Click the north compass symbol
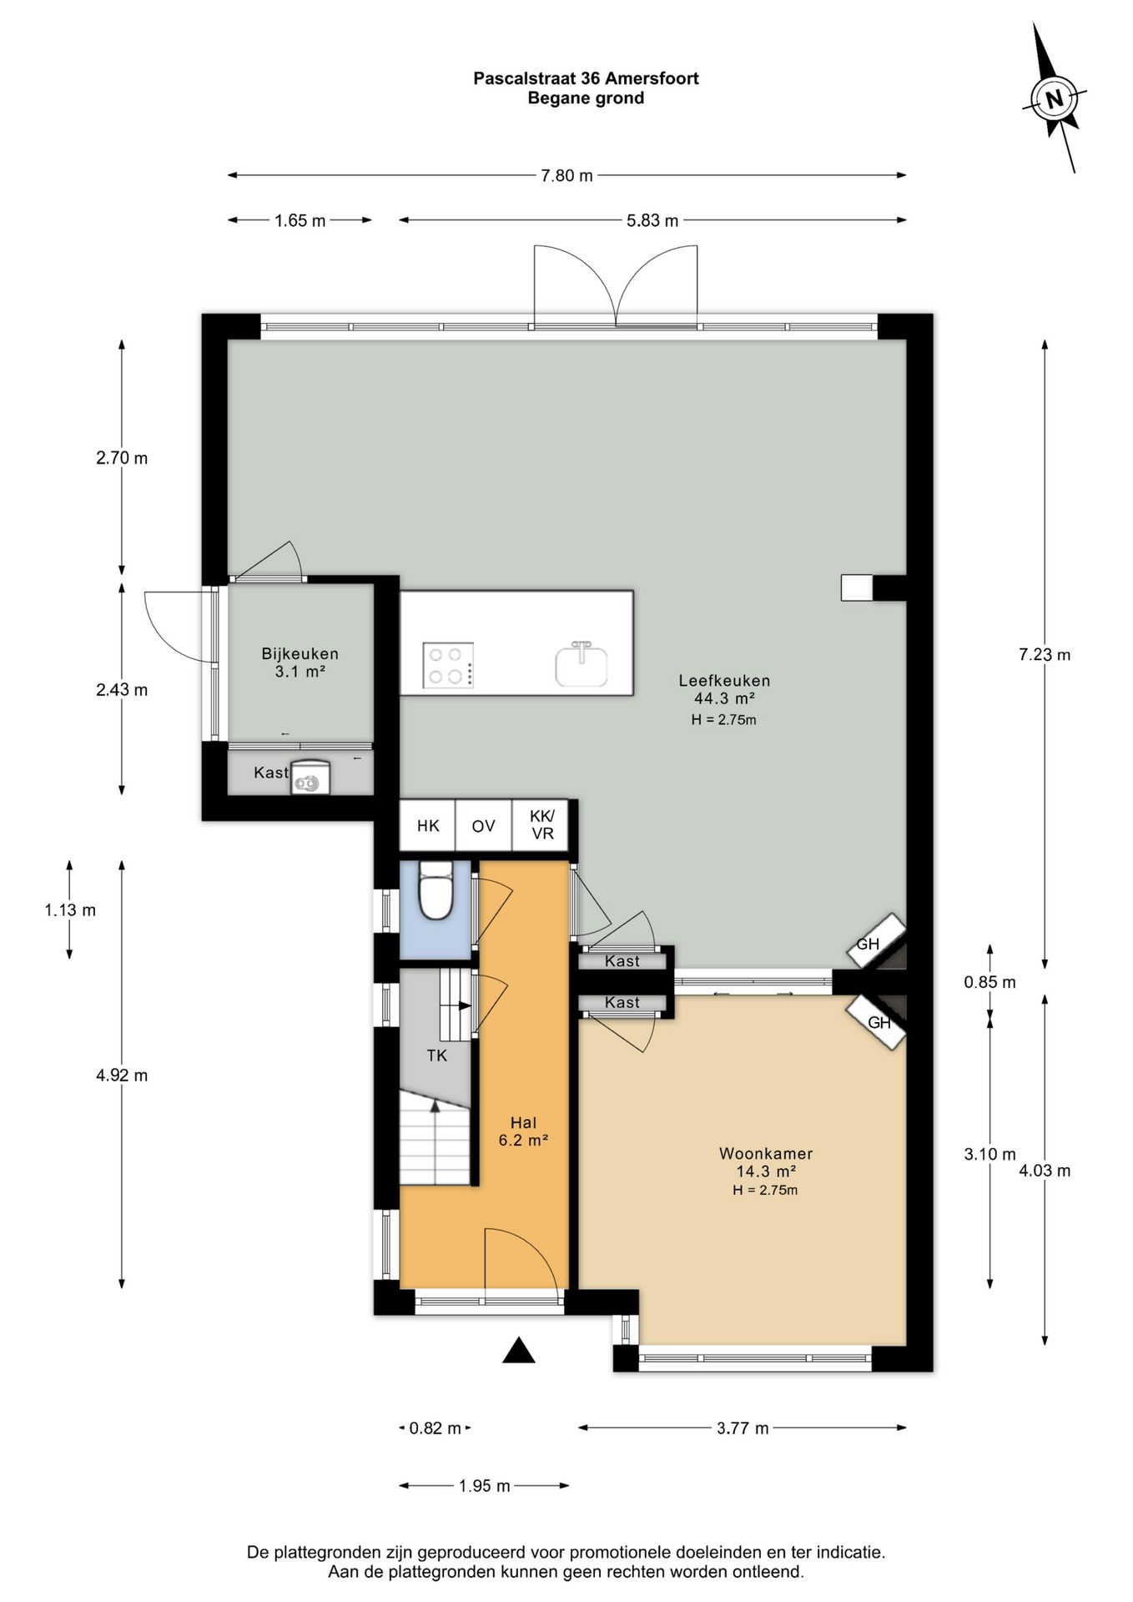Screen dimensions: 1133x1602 click(1054, 99)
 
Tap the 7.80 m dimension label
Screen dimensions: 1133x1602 click(566, 175)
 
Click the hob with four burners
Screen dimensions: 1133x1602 click(448, 665)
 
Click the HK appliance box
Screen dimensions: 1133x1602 click(428, 826)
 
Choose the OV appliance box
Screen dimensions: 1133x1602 click(483, 826)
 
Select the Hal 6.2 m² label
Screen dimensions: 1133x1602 click(523, 1131)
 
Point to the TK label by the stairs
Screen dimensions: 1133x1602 click(436, 1055)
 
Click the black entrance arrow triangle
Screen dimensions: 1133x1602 click(518, 1350)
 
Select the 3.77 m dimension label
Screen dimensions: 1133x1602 click(743, 1428)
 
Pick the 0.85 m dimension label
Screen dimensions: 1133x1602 click(989, 982)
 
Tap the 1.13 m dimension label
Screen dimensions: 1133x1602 click(70, 909)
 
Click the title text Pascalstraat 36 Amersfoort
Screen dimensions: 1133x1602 click(586, 78)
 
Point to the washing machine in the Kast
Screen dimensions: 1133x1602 click(310, 778)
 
